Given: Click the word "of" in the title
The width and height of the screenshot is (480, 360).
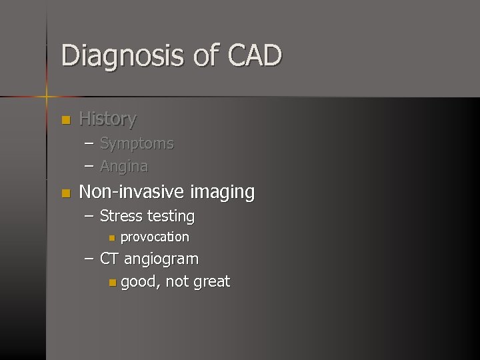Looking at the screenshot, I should (x=205, y=55).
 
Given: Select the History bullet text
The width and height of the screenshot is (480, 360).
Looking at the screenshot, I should (x=107, y=119).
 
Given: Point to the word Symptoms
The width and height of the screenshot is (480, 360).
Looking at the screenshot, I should (x=137, y=143).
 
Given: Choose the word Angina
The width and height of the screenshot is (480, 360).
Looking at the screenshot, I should (x=124, y=166).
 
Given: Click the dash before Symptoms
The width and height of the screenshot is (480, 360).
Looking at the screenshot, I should (x=89, y=144).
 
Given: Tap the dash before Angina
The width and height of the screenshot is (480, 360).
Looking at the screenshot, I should (x=89, y=166).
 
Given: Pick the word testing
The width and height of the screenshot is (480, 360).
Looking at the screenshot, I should (x=171, y=217).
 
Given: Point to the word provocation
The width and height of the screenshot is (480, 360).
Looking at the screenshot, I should (x=155, y=237).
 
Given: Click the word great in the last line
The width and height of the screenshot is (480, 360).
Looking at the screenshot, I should (x=211, y=282).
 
